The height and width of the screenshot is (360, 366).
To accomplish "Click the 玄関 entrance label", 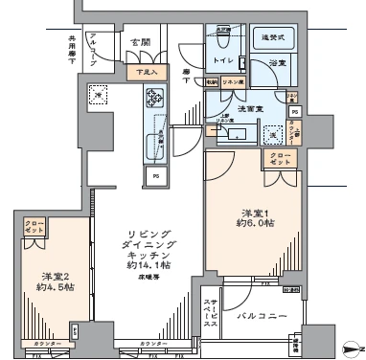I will pyautogui.click(x=141, y=42).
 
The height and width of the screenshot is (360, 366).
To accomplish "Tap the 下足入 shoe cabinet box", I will pyautogui.click(x=147, y=71).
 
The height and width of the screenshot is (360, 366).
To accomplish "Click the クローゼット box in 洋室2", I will pyautogui.click(x=33, y=228).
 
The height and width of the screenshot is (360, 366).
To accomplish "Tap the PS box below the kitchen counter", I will pyautogui.click(x=154, y=175).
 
